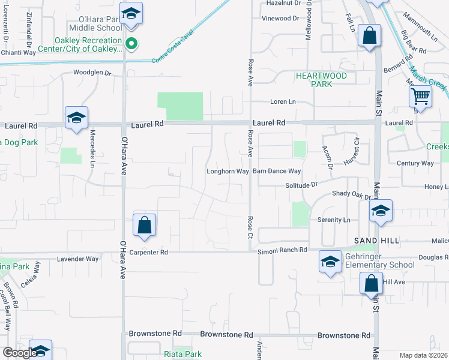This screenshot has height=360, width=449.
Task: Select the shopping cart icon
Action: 421,95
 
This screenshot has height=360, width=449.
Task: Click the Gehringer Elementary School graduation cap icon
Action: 330,262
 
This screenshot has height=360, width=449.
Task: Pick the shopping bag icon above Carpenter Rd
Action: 145,226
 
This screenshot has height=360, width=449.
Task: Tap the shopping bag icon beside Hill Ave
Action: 371,283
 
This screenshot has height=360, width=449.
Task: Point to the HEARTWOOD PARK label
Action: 321,80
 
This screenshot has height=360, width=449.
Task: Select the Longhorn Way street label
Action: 228,172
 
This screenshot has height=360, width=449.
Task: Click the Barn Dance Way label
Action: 276,172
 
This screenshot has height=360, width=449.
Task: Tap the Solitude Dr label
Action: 300,185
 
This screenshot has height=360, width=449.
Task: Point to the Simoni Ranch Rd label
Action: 282,250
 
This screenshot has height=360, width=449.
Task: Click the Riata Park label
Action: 183,354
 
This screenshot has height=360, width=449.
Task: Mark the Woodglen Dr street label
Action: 92,73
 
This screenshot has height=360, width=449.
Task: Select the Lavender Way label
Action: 77,259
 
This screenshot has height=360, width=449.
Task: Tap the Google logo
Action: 20,353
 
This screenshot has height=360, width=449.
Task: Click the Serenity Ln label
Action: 334,220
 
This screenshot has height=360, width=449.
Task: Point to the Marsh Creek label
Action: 431,85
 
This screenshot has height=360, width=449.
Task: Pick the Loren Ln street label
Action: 283,102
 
